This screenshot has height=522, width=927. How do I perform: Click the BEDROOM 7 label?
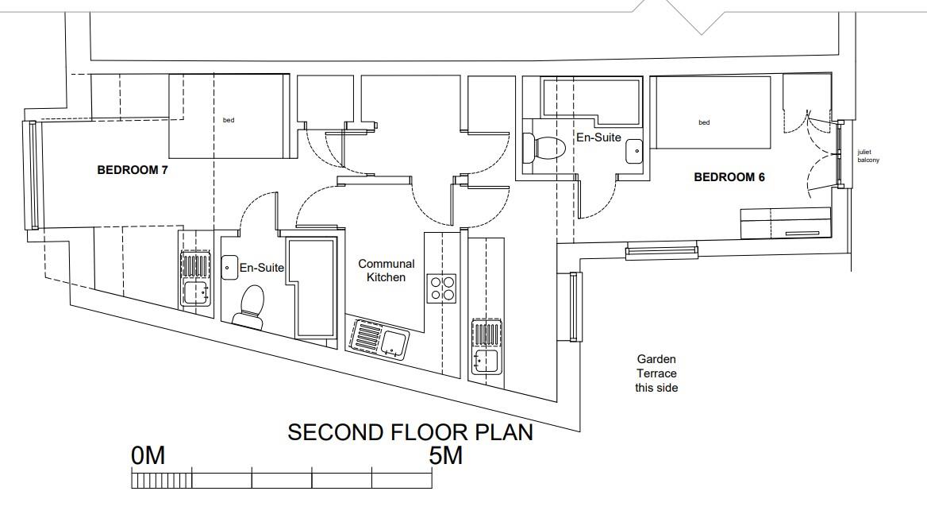click(x=133, y=171)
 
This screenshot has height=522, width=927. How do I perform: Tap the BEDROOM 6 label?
click(x=729, y=177)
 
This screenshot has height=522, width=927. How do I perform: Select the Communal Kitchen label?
click(x=386, y=270)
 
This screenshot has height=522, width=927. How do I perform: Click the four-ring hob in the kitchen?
click(x=441, y=289)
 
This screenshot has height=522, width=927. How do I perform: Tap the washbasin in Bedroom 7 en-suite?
click(x=229, y=268)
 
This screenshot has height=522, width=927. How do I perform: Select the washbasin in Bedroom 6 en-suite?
click(x=634, y=151)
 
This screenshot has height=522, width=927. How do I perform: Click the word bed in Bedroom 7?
click(x=229, y=120)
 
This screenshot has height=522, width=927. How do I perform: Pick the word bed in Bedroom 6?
click(x=704, y=122)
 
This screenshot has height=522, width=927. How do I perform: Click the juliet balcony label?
click(x=868, y=157)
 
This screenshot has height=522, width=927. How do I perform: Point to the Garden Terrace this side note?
click(x=656, y=373)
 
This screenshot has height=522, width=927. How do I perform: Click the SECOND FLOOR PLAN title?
click(x=410, y=432)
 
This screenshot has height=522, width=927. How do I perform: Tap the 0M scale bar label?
click(x=148, y=456)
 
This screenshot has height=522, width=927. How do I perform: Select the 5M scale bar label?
click(x=446, y=456)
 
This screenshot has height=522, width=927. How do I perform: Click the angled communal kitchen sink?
click(x=379, y=339)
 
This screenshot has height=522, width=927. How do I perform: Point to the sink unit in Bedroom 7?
click(x=195, y=278)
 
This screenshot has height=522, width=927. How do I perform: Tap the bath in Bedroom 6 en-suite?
click(x=591, y=101)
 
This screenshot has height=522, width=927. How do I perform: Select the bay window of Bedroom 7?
click(x=33, y=175)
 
